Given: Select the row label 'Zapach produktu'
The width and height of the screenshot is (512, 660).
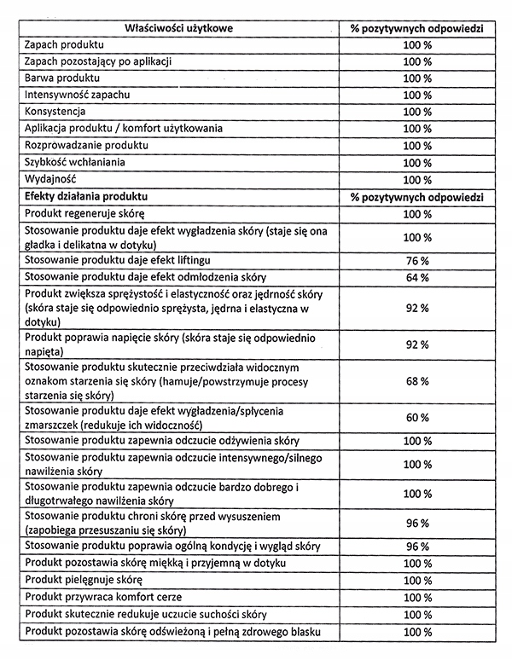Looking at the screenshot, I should click(66, 44).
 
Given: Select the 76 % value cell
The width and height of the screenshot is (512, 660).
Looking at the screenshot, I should click(416, 260).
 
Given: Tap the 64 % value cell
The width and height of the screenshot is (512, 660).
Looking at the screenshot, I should click(416, 278).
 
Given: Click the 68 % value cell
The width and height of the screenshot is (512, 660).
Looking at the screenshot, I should click(416, 380).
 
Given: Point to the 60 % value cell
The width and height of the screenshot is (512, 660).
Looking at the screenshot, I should click(416, 417).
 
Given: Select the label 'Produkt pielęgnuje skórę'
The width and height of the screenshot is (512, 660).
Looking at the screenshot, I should click(85, 580).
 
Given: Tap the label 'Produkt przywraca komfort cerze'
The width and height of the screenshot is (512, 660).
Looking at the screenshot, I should click(103, 597).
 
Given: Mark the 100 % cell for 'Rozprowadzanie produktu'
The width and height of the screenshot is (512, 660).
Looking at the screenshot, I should click(416, 146).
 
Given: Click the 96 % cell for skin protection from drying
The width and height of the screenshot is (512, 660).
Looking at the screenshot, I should click(416, 523).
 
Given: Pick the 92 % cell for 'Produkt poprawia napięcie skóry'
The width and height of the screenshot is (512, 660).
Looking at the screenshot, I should click(416, 344).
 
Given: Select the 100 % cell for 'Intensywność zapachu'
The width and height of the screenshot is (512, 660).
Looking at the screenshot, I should click(416, 95).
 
